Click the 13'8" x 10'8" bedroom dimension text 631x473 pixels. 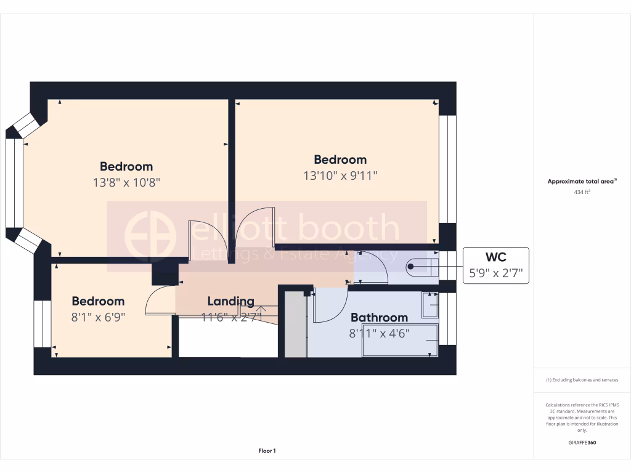point(126,182)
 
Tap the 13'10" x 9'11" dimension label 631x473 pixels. point(340,176)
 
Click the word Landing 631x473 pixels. point(230,301)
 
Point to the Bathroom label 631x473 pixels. point(379,317)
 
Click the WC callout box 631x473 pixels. point(495,265)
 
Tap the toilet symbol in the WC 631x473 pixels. point(423,267)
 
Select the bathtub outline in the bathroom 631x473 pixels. point(401,340)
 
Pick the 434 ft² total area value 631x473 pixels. point(582,192)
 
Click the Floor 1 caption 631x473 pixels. point(267,451)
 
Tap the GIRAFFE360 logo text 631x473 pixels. point(582,442)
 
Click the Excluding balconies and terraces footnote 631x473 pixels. point(582,380)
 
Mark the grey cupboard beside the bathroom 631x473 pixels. point(296,325)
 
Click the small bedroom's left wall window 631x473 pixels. point(43,324)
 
